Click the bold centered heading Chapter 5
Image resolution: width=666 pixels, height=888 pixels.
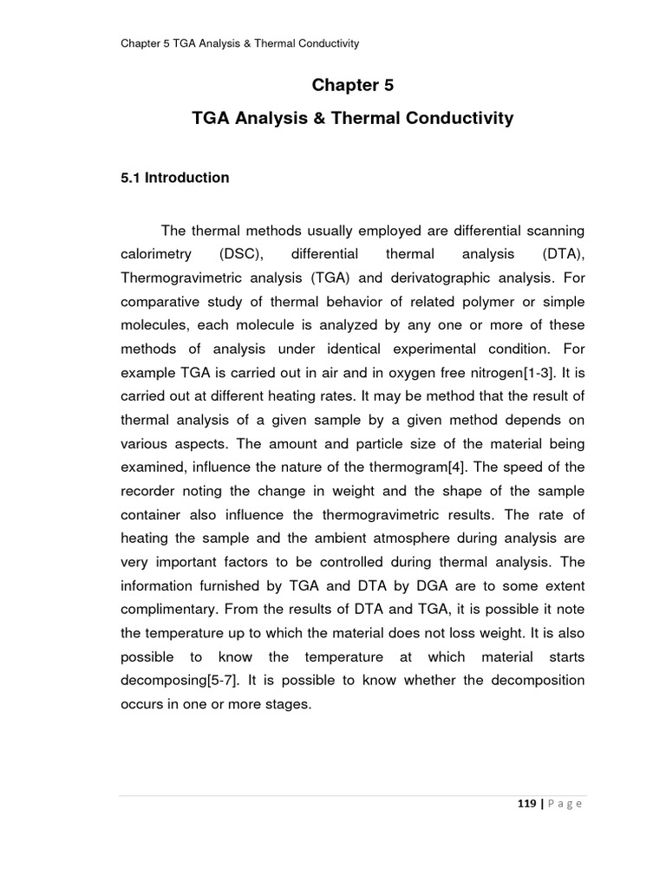click(x=352, y=85)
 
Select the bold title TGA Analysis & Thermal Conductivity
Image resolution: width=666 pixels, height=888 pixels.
click(x=352, y=118)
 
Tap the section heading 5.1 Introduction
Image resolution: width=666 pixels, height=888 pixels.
click(x=174, y=178)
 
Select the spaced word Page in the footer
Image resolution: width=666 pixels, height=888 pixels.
click(x=564, y=804)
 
